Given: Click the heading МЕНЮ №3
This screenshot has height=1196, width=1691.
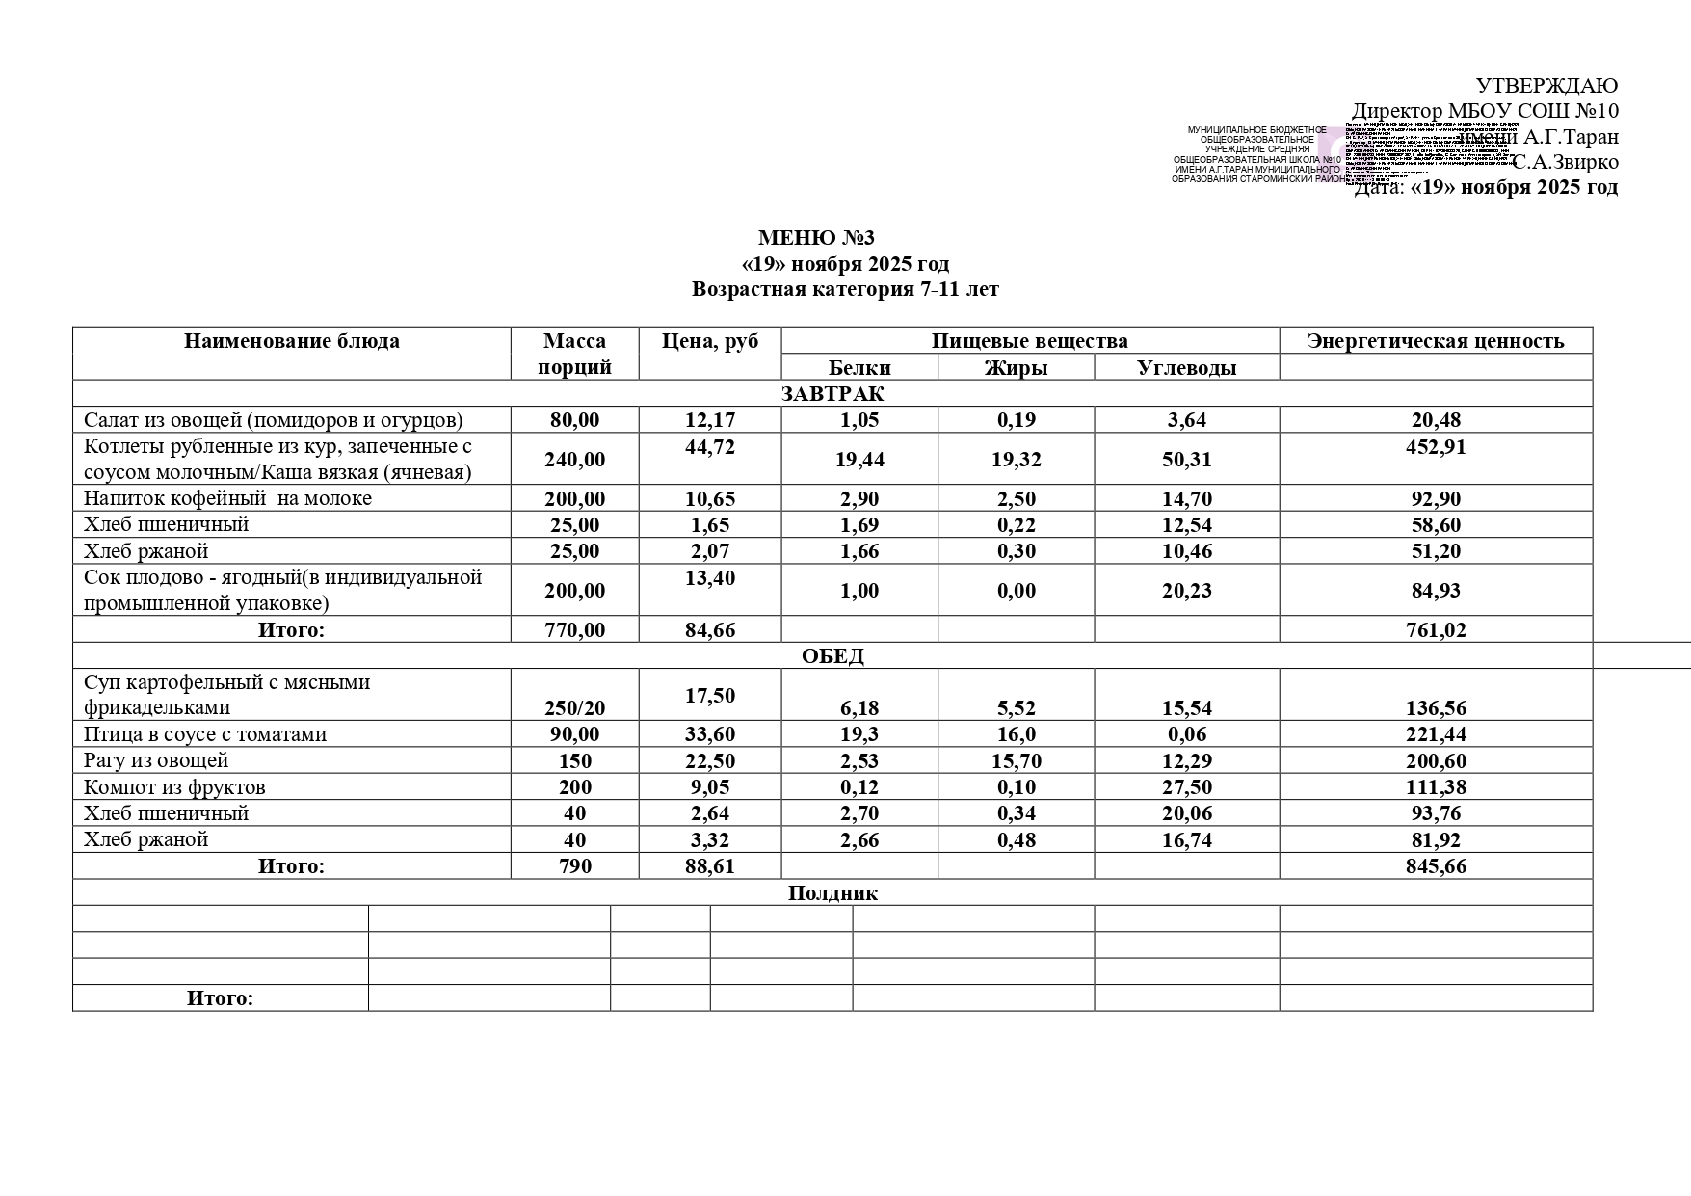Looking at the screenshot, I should [816, 238].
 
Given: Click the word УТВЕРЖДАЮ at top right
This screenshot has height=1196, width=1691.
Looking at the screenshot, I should [1546, 86].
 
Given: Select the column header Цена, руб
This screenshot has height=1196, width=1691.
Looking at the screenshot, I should [710, 341].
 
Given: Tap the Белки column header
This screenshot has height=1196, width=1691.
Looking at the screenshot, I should [859, 367].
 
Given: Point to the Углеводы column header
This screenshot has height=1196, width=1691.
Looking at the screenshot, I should [1186, 367].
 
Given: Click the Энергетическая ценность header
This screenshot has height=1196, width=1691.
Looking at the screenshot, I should [1435, 341].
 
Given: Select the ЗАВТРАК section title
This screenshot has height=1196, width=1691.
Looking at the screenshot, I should [832, 393].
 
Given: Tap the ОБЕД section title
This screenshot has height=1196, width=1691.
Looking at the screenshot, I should [832, 656].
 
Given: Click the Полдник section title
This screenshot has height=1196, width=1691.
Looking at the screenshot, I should [832, 892].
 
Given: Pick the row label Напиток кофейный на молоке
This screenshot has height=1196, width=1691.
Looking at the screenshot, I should [227, 498].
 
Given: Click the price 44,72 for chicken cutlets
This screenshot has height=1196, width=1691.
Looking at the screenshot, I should [710, 447].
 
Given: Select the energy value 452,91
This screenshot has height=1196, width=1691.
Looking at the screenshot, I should [1436, 447].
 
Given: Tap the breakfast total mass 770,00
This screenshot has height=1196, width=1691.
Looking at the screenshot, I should [575, 630].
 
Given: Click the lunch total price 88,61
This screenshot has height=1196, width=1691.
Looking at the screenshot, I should [710, 866].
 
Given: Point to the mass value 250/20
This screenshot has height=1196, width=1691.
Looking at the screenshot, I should [575, 708].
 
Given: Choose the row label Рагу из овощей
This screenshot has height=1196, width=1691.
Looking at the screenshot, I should [156, 760].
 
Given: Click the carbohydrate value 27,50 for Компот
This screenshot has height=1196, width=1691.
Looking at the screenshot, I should [1186, 787].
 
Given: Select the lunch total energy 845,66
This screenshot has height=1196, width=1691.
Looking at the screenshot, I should [1436, 866].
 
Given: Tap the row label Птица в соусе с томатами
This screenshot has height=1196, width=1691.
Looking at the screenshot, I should [205, 734].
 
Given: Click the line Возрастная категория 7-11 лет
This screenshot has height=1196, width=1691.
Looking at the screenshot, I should [845, 289].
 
